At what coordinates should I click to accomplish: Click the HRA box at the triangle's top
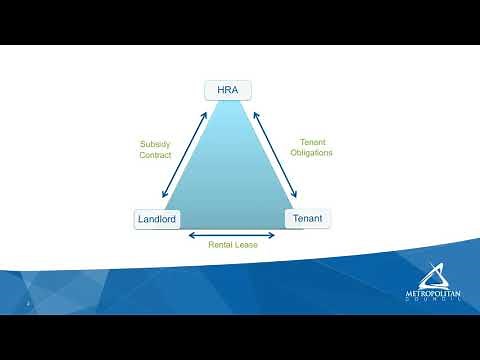point(227,90)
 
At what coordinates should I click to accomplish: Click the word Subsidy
point(155,143)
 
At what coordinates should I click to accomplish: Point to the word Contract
point(155,155)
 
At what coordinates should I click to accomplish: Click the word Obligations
point(311,153)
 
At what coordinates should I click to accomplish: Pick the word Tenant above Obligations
point(311,141)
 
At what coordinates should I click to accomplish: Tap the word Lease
point(248,244)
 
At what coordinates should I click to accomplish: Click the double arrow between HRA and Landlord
point(183,155)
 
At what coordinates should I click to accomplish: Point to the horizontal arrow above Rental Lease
point(233,233)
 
